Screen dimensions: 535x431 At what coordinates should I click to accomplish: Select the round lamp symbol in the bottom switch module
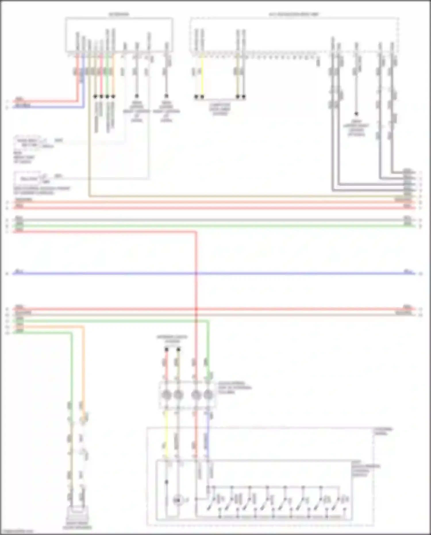[x=178, y=501]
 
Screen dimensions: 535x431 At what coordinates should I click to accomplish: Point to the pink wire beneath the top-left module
[x=101, y=75]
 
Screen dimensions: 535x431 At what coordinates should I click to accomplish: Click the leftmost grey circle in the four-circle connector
[x=166, y=395]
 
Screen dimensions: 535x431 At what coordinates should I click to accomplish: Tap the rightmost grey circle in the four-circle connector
[x=208, y=395]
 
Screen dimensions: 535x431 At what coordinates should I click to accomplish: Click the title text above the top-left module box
[x=119, y=14]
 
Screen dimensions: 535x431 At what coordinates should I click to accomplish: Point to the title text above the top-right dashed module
[x=294, y=14]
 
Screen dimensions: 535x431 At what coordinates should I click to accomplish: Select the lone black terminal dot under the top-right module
[x=356, y=114]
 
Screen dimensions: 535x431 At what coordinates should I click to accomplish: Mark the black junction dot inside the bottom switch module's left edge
[x=166, y=482]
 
